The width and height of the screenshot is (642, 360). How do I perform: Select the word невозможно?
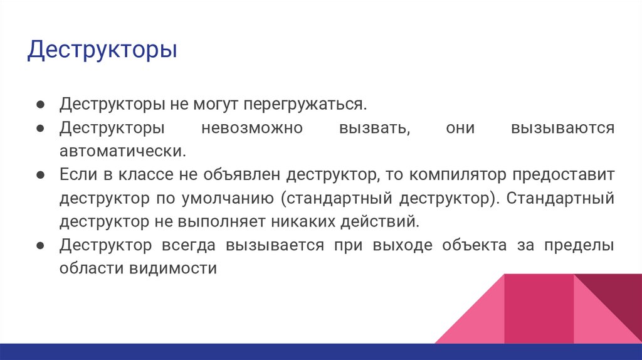click(252, 128)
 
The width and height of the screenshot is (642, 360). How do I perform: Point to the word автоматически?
click(123, 151)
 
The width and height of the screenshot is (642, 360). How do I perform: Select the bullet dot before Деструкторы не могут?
click(39, 103)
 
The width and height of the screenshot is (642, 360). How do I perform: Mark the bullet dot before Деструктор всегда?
click(39, 245)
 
